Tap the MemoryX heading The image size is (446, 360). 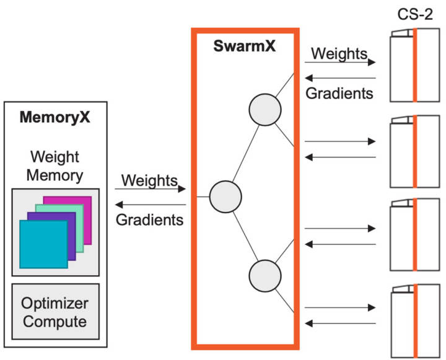(55, 117)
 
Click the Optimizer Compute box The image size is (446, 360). (55, 312)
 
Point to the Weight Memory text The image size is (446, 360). (55, 165)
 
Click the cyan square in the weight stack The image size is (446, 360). (43, 244)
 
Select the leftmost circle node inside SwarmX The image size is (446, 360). (225, 196)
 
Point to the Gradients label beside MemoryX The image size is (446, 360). (150, 219)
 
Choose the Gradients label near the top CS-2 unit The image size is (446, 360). (340, 94)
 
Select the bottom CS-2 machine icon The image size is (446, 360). (414, 320)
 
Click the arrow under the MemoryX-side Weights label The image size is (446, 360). (151, 191)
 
